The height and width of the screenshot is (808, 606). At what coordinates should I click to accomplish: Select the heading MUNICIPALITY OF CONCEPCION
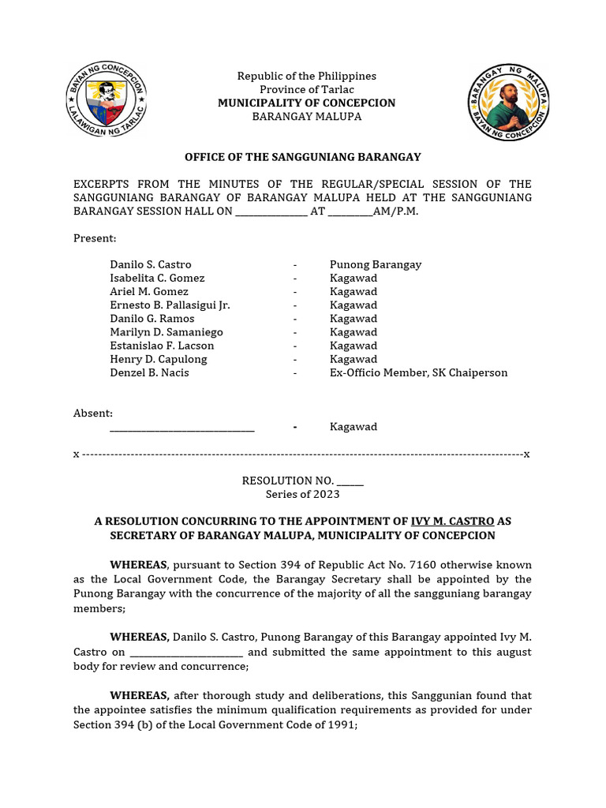coord(306,103)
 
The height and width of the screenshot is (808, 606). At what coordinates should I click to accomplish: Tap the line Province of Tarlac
coord(306,90)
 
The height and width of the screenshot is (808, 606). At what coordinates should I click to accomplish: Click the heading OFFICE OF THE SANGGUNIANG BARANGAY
coord(302,157)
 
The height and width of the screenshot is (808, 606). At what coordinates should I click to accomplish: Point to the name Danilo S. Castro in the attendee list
coord(151,264)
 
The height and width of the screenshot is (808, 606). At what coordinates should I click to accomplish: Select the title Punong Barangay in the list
coord(375,264)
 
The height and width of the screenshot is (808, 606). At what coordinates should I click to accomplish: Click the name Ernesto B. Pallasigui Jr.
coord(170,305)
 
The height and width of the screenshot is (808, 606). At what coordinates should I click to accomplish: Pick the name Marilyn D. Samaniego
coord(166,332)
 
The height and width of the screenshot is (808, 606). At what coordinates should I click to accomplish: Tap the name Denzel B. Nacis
coord(149,372)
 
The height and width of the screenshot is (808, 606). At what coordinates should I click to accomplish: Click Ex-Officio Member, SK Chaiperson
coord(418,372)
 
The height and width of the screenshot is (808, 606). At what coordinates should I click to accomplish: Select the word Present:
coord(95,238)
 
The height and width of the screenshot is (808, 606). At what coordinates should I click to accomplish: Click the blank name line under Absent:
coord(181,428)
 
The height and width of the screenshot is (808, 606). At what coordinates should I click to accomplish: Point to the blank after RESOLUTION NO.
coord(350,481)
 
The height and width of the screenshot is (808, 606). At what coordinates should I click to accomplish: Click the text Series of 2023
coord(302,494)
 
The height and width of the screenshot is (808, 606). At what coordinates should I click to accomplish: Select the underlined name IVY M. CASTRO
coord(453,522)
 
